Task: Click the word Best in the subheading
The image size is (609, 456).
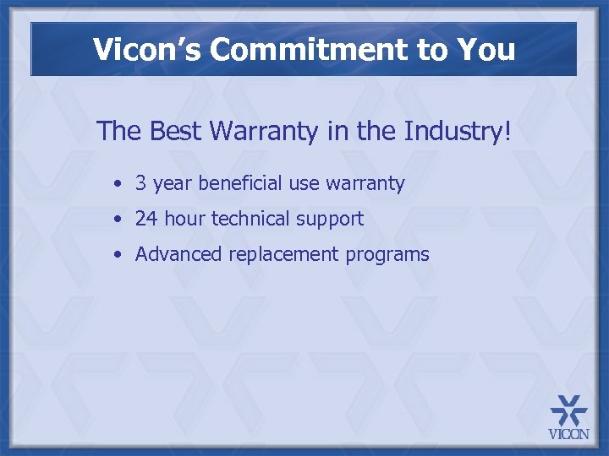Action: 175,132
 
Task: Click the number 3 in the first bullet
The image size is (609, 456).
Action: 141,183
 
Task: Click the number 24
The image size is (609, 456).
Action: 146,219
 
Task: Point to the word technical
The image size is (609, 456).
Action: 250,219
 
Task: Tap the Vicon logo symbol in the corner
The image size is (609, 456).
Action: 568,411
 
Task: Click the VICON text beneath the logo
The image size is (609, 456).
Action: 568,435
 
